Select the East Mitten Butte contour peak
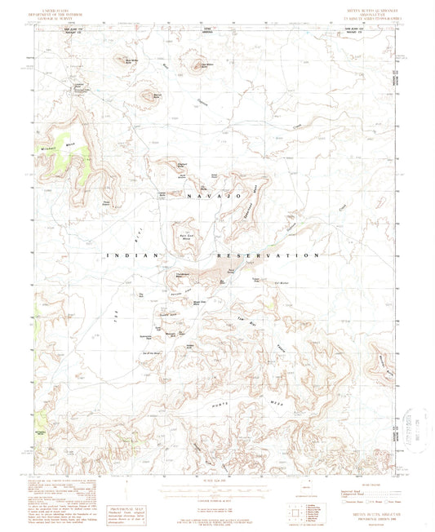click(x=196, y=64)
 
